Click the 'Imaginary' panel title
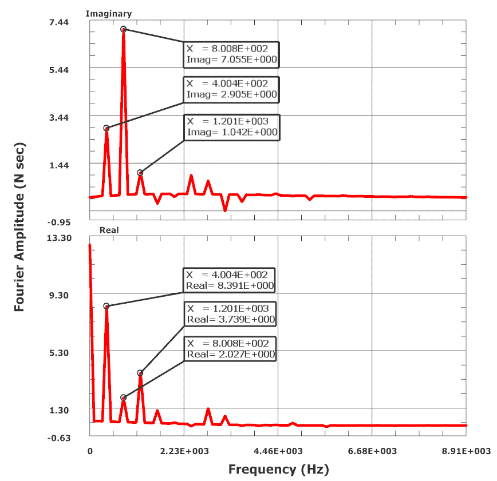pos(108,13)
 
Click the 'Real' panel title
pos(109,230)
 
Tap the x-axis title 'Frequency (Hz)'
pos(279,470)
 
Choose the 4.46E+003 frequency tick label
pos(278,451)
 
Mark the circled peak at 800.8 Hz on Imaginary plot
pos(123,29)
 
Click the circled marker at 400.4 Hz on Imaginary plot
pos(107,128)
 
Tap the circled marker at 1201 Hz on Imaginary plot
pos(140,173)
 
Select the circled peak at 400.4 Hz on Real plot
pos(107,306)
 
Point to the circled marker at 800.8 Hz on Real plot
pos(123,397)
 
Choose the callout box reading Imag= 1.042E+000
pos(231,127)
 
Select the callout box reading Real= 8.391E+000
pos(230,280)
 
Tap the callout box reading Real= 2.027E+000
pos(230,349)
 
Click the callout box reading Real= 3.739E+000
pos(230,314)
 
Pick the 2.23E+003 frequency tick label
pos(184,451)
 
